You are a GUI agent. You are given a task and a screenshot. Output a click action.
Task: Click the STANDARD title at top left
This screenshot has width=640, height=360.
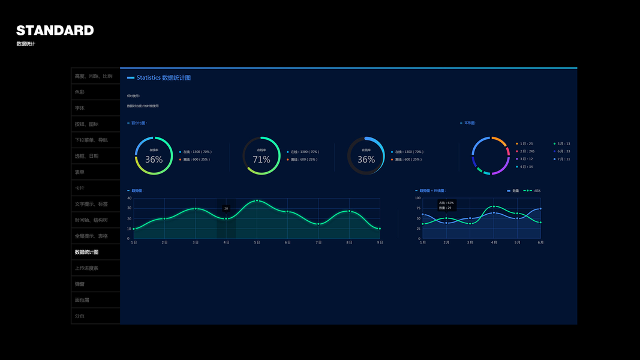pyautogui.click(x=55, y=30)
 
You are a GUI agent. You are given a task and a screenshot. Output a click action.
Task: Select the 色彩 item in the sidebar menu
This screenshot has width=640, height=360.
pyautogui.click(x=80, y=92)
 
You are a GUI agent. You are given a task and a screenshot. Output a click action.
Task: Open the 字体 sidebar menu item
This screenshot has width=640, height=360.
pyautogui.click(x=80, y=108)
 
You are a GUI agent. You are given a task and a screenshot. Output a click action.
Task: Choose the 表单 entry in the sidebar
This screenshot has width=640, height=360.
pyautogui.click(x=80, y=172)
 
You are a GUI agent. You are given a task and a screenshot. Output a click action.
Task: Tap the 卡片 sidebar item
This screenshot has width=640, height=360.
pyautogui.click(x=80, y=188)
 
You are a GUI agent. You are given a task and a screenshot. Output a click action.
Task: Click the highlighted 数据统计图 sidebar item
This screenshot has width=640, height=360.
pyautogui.click(x=86, y=252)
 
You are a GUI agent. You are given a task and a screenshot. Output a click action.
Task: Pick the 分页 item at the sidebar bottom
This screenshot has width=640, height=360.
pyautogui.click(x=80, y=316)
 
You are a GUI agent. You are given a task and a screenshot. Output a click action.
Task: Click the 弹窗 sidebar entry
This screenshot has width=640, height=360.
pyautogui.click(x=80, y=284)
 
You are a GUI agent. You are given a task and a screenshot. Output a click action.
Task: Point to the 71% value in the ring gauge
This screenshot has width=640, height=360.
pyautogui.click(x=262, y=160)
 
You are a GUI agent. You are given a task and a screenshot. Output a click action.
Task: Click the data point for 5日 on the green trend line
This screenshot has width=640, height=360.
pyautogui.click(x=257, y=200)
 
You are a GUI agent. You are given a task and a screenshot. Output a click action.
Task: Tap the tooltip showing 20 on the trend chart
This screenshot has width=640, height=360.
pyautogui.click(x=226, y=208)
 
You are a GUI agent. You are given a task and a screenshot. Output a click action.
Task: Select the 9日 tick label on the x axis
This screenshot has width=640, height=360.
pyautogui.click(x=380, y=242)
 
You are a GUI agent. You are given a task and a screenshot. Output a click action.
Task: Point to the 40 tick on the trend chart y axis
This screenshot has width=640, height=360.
pyautogui.click(x=130, y=198)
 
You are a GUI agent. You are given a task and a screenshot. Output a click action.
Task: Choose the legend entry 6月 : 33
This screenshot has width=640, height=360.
pyautogui.click(x=563, y=151)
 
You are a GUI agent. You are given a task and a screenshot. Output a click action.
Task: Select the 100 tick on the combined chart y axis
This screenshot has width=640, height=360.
pyautogui.click(x=417, y=198)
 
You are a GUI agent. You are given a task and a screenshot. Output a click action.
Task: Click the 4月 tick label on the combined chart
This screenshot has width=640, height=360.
pyautogui.click(x=494, y=242)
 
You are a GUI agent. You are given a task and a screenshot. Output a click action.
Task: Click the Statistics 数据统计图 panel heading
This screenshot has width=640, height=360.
pyautogui.click(x=163, y=78)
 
